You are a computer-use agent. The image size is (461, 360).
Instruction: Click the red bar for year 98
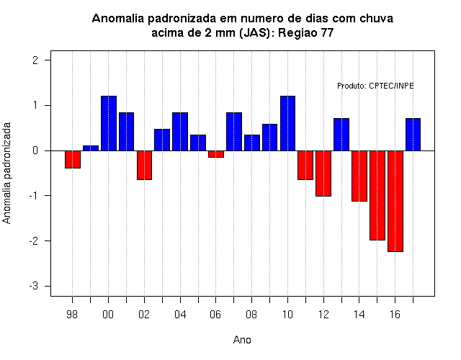[x=73, y=159]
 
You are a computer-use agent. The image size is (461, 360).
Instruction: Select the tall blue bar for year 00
[x=109, y=123]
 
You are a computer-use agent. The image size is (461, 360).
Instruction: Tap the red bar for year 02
[x=144, y=165]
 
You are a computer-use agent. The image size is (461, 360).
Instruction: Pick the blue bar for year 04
[x=180, y=132]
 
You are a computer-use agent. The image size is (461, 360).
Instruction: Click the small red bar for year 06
[x=216, y=154]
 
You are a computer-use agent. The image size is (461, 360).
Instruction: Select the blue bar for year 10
[x=287, y=123]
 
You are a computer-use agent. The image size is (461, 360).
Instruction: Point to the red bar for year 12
[x=323, y=174]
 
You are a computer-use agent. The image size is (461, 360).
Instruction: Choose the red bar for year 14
[x=359, y=176]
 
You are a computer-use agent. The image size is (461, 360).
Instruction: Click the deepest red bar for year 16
[x=395, y=202]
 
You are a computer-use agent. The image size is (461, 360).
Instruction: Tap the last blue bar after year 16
[x=413, y=135]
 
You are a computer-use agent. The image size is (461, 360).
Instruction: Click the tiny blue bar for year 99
[x=91, y=148]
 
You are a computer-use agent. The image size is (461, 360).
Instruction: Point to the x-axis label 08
[x=251, y=315]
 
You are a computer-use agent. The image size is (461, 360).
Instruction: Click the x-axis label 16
[x=395, y=315]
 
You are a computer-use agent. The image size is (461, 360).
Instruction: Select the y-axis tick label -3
[x=34, y=286]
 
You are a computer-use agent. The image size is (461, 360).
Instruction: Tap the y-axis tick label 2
[x=35, y=60]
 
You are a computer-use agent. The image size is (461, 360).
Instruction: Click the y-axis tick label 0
[x=35, y=150]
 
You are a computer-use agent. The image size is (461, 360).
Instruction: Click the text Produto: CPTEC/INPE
[x=375, y=86]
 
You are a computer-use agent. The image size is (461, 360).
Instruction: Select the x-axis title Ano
[x=242, y=340]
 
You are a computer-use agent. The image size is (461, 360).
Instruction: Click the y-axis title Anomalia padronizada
[x=6, y=173]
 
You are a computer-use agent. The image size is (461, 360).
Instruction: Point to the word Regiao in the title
[x=297, y=32]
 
